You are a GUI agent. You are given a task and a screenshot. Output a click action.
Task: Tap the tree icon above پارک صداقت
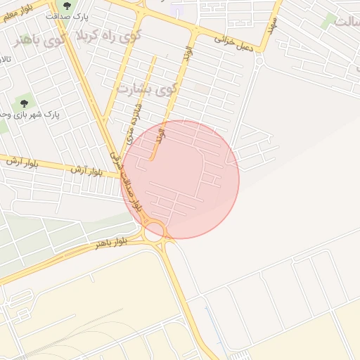tap(67, 6)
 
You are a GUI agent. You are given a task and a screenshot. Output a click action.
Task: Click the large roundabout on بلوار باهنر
tap(155, 231)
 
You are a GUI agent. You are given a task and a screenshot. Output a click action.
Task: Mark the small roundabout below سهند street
tap(259, 61)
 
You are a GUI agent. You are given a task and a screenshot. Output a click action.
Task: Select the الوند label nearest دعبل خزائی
tap(187, 57)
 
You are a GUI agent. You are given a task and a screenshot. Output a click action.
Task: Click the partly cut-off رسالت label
tap(345, 21)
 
